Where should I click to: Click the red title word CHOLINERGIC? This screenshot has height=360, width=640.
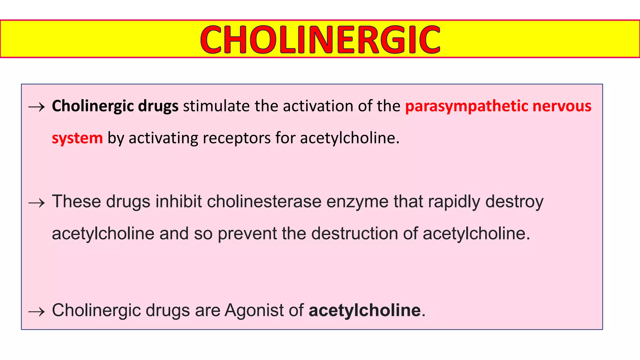click(x=320, y=39)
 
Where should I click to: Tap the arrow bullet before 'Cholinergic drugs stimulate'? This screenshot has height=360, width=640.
click(x=37, y=107)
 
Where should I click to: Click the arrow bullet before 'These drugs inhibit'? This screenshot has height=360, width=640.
click(x=37, y=203)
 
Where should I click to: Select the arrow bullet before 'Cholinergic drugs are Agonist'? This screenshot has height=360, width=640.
click(x=37, y=312)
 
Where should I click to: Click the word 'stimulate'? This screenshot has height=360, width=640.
click(x=216, y=106)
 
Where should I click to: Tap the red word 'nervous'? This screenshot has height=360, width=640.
click(x=562, y=106)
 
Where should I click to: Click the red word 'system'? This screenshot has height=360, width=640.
click(x=77, y=138)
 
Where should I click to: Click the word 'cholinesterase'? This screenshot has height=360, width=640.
click(x=264, y=202)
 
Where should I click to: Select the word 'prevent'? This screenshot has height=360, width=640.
click(x=247, y=234)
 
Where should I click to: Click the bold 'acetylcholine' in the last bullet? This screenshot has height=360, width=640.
click(x=364, y=310)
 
